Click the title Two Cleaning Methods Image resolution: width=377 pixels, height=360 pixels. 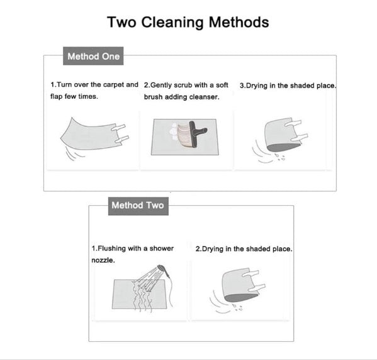(x=188, y=23)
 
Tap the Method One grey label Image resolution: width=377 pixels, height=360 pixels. (x=93, y=56)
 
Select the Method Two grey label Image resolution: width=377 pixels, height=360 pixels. (x=138, y=206)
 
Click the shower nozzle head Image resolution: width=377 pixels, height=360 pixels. (x=162, y=269)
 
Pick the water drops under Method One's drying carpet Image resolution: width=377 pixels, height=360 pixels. (x=279, y=157)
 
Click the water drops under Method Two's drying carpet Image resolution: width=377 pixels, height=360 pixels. (x=237, y=307)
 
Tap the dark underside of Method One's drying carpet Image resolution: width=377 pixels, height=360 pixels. (x=283, y=147)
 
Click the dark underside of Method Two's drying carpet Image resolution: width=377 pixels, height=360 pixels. (x=241, y=297)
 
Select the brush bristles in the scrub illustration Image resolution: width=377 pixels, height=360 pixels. (x=184, y=136)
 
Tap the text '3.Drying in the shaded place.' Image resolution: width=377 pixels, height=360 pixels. (x=288, y=86)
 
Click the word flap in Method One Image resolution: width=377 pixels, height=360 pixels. (x=56, y=96)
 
